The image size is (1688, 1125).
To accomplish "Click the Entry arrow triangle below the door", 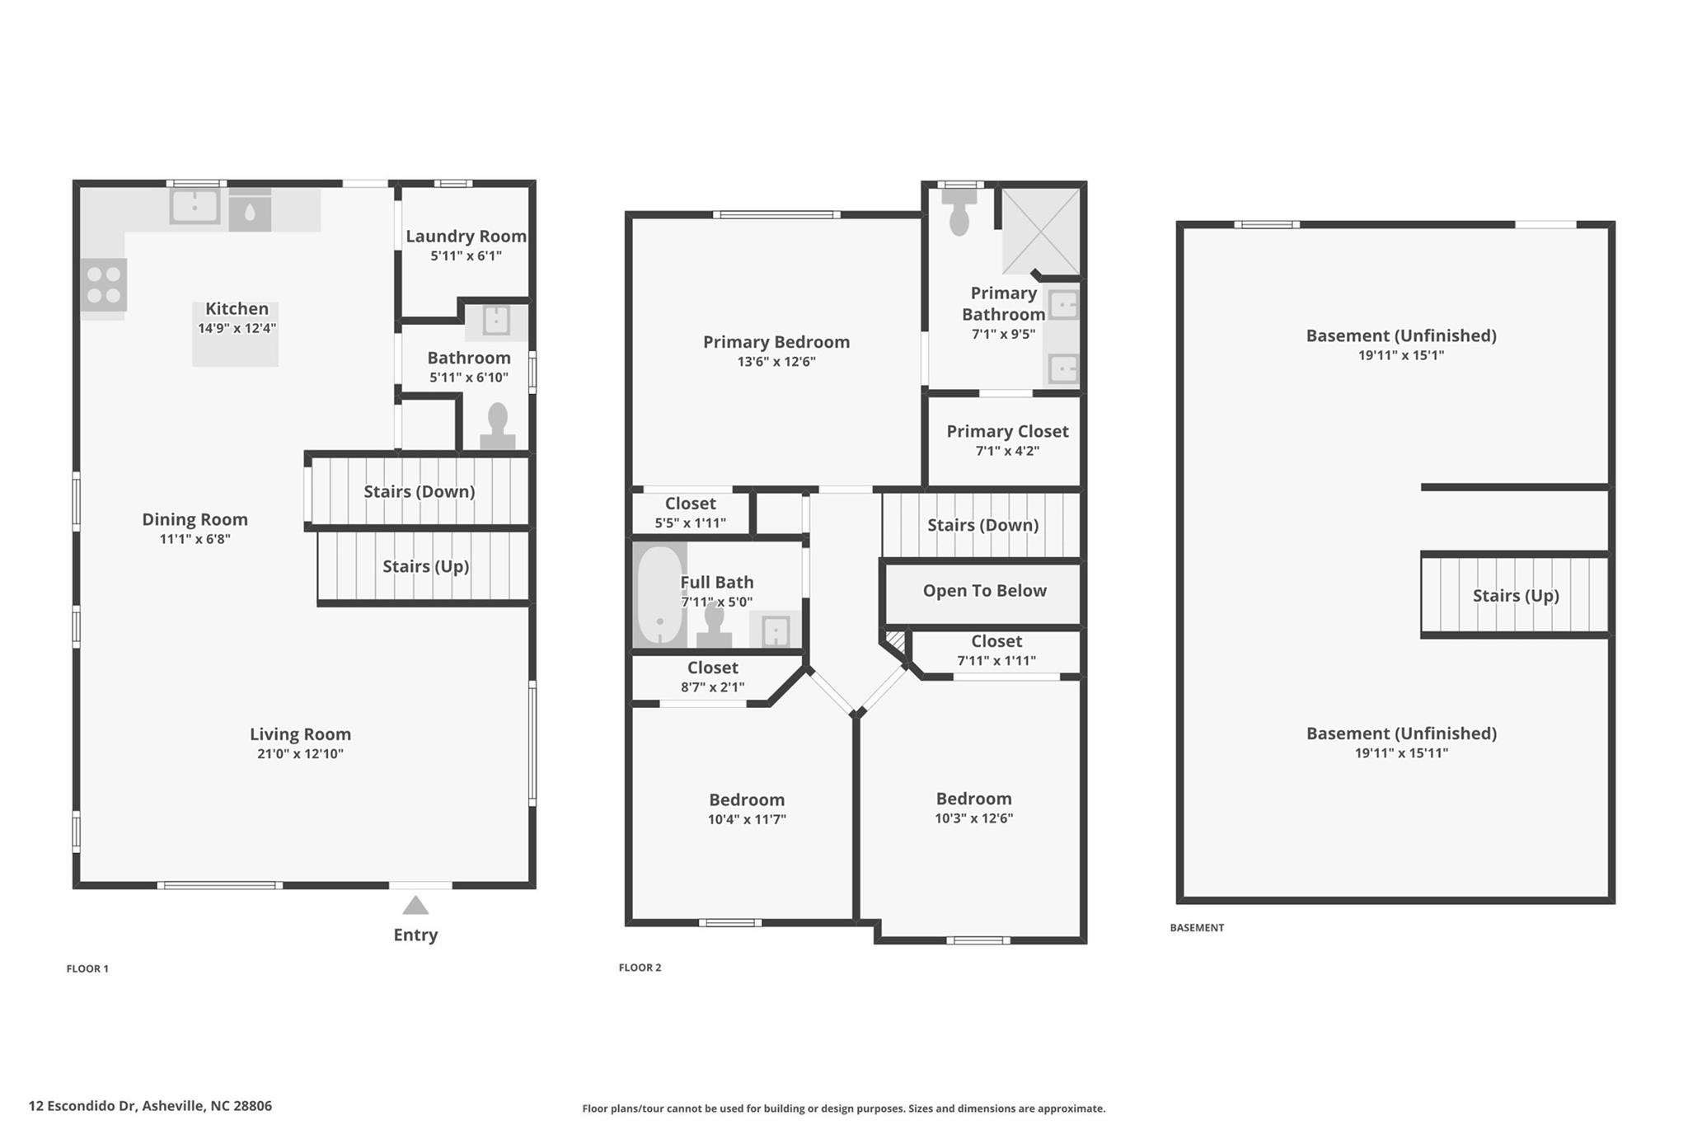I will pos(415,906).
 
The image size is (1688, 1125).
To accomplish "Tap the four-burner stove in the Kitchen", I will pos(104,285).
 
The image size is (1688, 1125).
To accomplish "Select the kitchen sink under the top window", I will pos(195,206).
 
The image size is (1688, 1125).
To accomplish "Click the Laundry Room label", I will pos(466,237).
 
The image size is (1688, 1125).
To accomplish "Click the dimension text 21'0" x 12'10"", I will pos(300,754).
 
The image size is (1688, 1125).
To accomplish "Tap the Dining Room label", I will pos(195,519).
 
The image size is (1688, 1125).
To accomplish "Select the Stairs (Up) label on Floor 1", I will pos(425,566).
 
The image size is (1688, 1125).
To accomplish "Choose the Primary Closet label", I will pos(1007,431).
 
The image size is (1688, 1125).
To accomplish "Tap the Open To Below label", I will pos(984,591).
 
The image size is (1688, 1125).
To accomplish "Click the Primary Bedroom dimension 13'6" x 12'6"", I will pos(776,362).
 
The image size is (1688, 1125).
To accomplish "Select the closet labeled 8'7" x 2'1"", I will pos(712,677).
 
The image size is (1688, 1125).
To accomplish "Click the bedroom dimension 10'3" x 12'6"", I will pos(973,818).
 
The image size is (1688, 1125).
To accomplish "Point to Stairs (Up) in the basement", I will pos(1515,596).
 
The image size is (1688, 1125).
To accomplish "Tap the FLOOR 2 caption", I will pos(640,968).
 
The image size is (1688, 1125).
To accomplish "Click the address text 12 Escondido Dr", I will pos(82,1106).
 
